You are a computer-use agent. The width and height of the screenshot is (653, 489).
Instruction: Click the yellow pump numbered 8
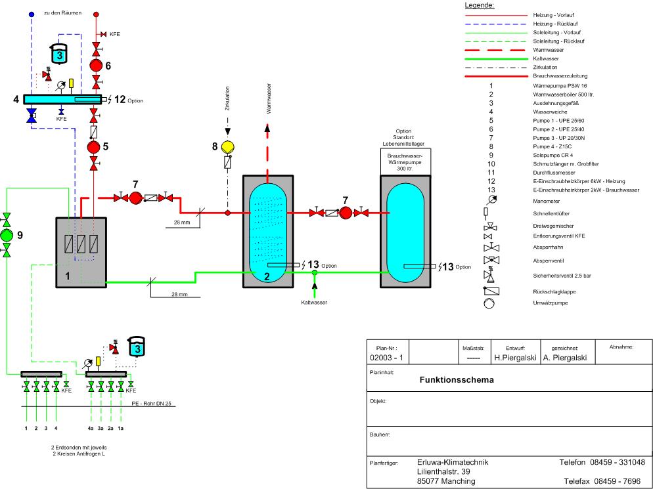coord(228,146)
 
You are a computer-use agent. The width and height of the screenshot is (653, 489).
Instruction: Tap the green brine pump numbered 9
coord(7,235)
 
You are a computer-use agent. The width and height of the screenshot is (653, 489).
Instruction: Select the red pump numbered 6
coord(96,66)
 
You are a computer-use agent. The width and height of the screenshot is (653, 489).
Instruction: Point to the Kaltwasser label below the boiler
coord(314,303)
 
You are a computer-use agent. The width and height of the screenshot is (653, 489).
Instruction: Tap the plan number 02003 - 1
coord(388,358)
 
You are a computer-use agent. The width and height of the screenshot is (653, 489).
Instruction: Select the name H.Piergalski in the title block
coord(516,358)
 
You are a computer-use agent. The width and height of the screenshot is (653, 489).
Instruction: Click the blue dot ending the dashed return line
coord(32,14)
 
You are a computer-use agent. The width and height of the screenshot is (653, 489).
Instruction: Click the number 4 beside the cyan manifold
coord(15,100)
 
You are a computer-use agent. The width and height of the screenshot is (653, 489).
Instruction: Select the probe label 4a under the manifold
coord(91,428)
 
